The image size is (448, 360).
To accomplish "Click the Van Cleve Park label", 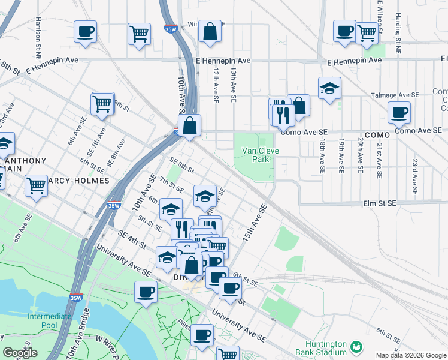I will pos(256,155).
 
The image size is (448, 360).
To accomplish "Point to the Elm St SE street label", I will pos(380,204).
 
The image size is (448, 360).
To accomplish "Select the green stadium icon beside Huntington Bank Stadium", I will pos(357,346).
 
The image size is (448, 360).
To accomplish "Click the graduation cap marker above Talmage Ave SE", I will pos(329,88).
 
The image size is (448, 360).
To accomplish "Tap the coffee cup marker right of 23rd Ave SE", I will pos(399,112).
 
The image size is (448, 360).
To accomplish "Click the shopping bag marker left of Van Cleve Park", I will pos(189,125).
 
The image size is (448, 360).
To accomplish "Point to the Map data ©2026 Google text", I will pos(410,355).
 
